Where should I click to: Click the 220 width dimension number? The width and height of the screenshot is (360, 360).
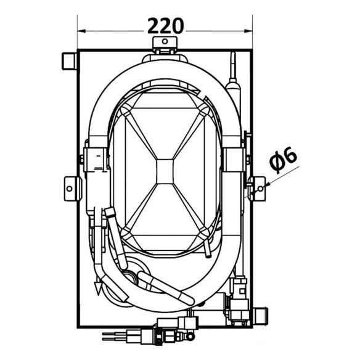[165, 26]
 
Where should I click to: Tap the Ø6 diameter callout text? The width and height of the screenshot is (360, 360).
[283, 159]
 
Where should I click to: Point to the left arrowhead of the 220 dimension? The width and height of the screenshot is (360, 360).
[82, 31]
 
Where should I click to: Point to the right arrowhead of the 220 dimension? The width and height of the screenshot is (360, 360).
[248, 31]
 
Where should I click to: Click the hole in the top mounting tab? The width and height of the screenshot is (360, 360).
[165, 41]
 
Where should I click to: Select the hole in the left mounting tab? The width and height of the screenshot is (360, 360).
[69, 189]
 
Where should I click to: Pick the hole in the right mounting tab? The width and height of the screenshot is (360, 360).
[260, 189]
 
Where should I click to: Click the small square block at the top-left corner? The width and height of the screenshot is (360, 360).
[69, 61]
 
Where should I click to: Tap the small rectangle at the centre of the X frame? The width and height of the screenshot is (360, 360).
[165, 171]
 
